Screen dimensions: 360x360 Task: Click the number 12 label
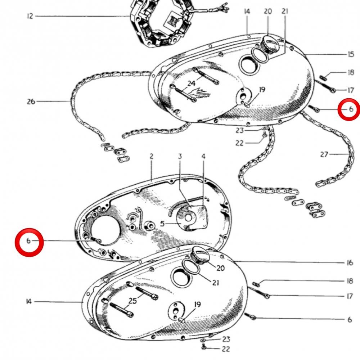click(x=30, y=16)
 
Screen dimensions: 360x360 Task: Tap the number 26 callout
click(x=31, y=101)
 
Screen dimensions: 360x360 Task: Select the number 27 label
click(x=324, y=154)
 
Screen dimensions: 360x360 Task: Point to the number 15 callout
click(x=351, y=54)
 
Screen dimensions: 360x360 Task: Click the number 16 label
click(x=350, y=262)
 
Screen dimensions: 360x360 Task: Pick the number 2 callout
click(x=151, y=156)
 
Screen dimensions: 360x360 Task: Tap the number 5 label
click(x=162, y=224)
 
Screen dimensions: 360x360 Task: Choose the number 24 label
click(x=192, y=84)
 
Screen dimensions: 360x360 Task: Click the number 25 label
click(x=132, y=301)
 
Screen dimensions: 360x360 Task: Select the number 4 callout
click(x=203, y=156)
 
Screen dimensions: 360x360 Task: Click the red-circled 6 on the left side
click(x=28, y=241)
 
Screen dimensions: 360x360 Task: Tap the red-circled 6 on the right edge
click(x=351, y=109)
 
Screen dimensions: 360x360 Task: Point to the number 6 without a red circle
click(x=350, y=319)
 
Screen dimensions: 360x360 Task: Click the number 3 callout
click(x=180, y=156)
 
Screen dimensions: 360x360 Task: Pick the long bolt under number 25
click(x=121, y=310)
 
